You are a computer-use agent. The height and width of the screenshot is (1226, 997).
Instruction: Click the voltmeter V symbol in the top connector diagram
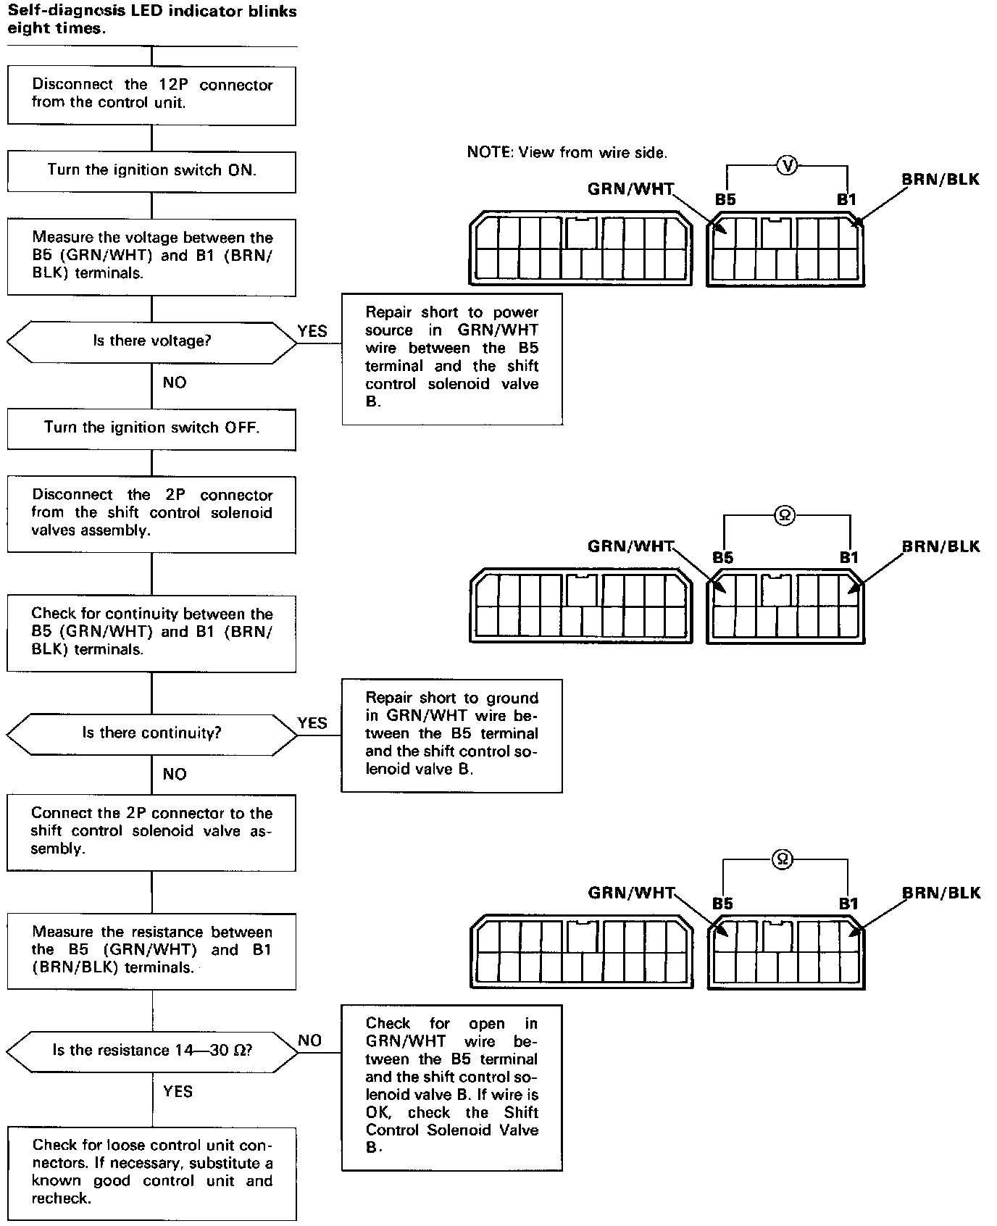pos(787,166)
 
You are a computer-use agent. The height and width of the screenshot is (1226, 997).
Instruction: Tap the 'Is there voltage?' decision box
pos(151,341)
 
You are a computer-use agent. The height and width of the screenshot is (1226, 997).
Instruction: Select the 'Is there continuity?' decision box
pos(151,733)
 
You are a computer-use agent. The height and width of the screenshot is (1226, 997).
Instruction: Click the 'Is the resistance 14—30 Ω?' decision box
pos(151,1051)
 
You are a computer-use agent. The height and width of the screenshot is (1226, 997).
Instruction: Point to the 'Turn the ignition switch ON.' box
pos(151,171)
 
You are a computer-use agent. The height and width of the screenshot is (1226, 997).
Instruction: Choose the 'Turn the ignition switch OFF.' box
pos(151,428)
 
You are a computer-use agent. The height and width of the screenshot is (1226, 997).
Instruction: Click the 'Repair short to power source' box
pos(452,358)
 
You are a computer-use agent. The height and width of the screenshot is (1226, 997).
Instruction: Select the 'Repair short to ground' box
pos(452,735)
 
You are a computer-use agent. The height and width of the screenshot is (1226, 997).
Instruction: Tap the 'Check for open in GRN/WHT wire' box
pos(452,1087)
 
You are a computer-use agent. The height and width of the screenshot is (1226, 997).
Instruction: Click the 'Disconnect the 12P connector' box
pos(151,95)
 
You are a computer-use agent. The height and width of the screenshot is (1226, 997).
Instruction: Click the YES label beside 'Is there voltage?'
pos(312,331)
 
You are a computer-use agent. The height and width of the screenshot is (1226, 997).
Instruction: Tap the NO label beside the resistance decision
pos(310,1041)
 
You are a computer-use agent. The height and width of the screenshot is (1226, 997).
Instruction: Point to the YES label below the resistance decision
pos(178,1091)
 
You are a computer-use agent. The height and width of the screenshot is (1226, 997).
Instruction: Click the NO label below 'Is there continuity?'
pos(175,774)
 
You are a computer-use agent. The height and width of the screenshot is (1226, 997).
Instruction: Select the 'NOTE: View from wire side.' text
pos(567,153)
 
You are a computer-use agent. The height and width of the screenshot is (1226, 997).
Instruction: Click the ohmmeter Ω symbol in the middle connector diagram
pos(785,515)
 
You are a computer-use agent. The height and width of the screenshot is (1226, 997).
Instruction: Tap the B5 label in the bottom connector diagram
pos(722,904)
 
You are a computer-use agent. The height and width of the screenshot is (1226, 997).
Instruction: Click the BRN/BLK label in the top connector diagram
pos(940,179)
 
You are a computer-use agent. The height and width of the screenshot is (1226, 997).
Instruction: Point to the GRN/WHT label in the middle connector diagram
pos(630,546)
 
